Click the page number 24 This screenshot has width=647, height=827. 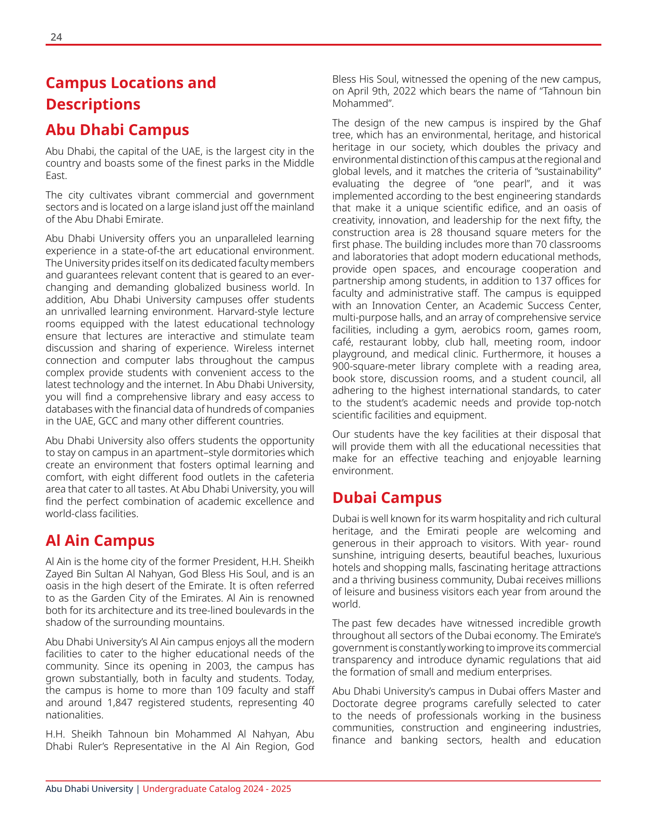pos(56,37)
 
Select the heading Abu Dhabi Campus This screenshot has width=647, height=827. pos(117,130)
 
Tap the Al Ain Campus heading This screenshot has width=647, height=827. pos(100,540)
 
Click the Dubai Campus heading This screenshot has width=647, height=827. pos(387,497)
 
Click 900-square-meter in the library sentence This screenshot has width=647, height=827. pos(369,366)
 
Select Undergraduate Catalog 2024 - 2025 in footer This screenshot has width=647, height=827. pos(217,789)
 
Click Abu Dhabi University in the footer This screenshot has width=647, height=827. pos(89,789)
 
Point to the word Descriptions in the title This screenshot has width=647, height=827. pos(93,105)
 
